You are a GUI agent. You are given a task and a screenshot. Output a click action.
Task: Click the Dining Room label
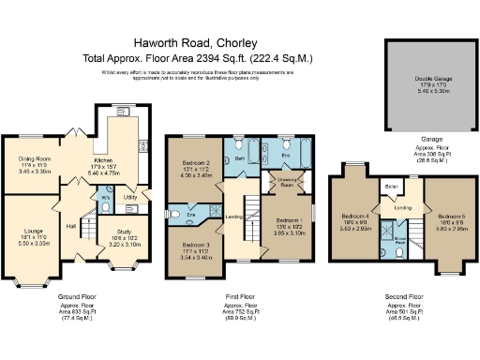pyautogui.click(x=35, y=159)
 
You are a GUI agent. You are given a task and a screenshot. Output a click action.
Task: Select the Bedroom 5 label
pyautogui.click(x=451, y=216)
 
